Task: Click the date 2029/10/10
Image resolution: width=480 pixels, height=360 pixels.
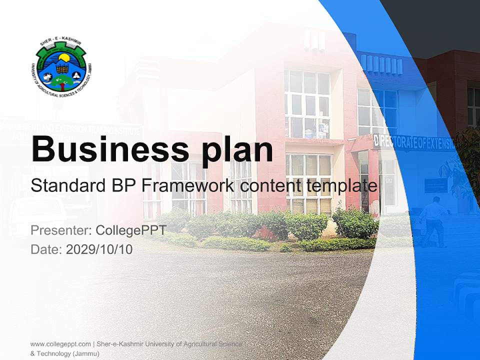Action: (99, 249)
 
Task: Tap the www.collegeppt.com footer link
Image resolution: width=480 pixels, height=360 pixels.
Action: (60, 344)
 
